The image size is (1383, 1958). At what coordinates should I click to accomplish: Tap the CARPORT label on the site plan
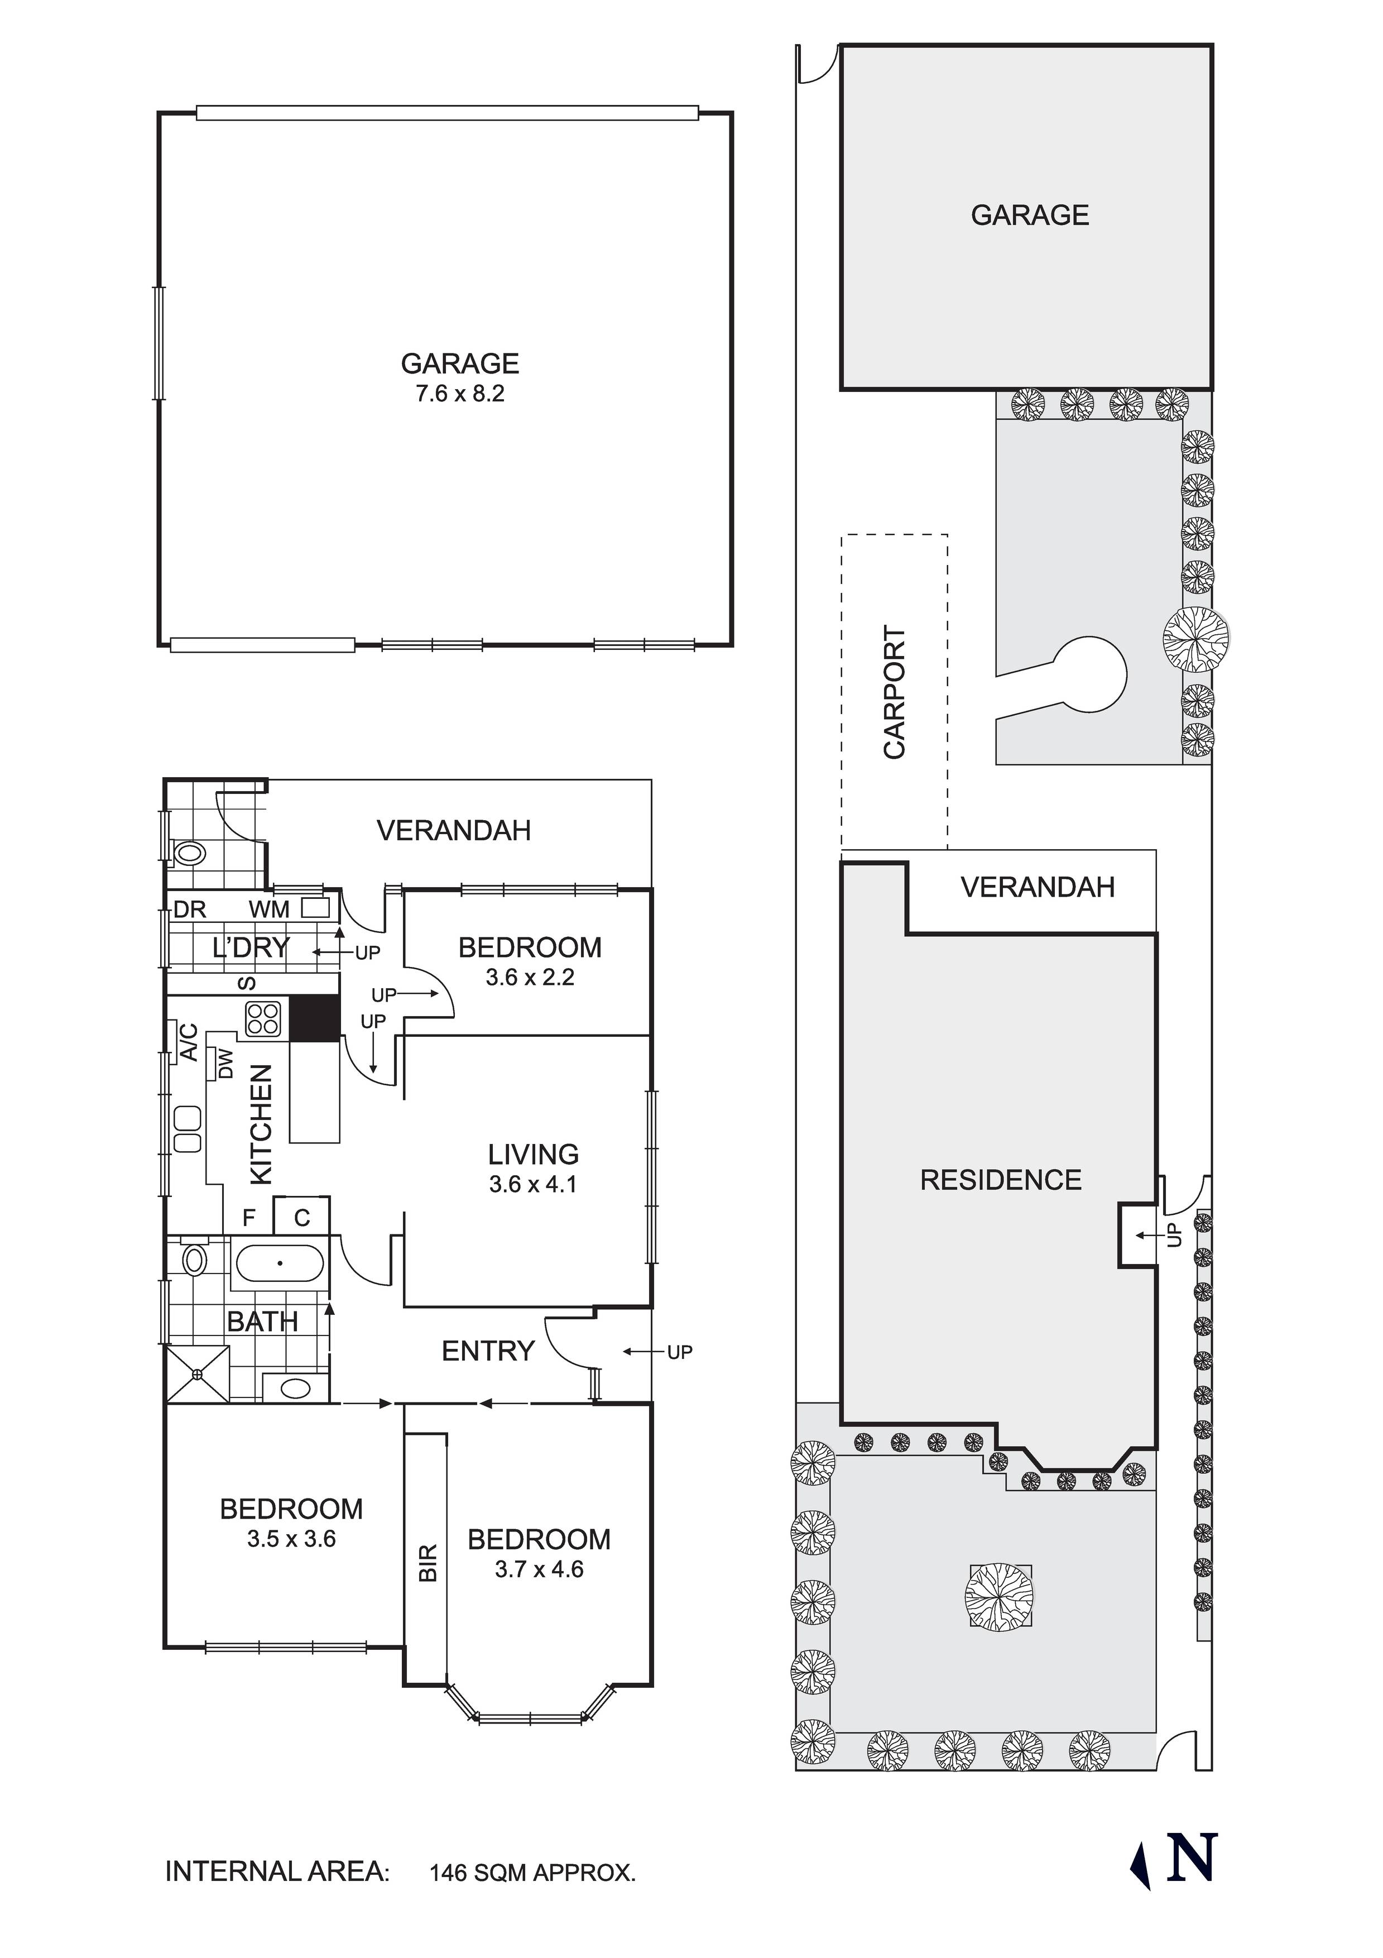point(895,692)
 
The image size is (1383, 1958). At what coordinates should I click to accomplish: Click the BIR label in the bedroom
point(428,1562)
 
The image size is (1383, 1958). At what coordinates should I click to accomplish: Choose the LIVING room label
point(533,1154)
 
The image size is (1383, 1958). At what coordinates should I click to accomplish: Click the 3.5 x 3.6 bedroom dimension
point(291,1539)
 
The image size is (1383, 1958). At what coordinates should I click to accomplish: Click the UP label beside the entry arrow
point(680,1352)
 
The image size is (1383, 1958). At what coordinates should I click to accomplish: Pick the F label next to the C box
point(249,1217)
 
